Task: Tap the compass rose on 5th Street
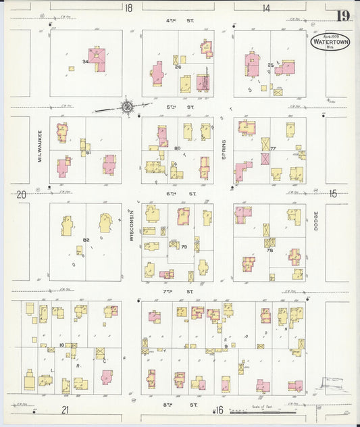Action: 127,106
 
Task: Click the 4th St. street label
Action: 179,21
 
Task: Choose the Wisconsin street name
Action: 132,222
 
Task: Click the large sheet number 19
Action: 343,15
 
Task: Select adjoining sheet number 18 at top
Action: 128,8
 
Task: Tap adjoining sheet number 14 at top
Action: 266,8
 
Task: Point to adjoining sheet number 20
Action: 22,195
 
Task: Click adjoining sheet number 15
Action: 332,194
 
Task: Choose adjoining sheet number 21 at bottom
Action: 65,409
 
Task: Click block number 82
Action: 86,240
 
